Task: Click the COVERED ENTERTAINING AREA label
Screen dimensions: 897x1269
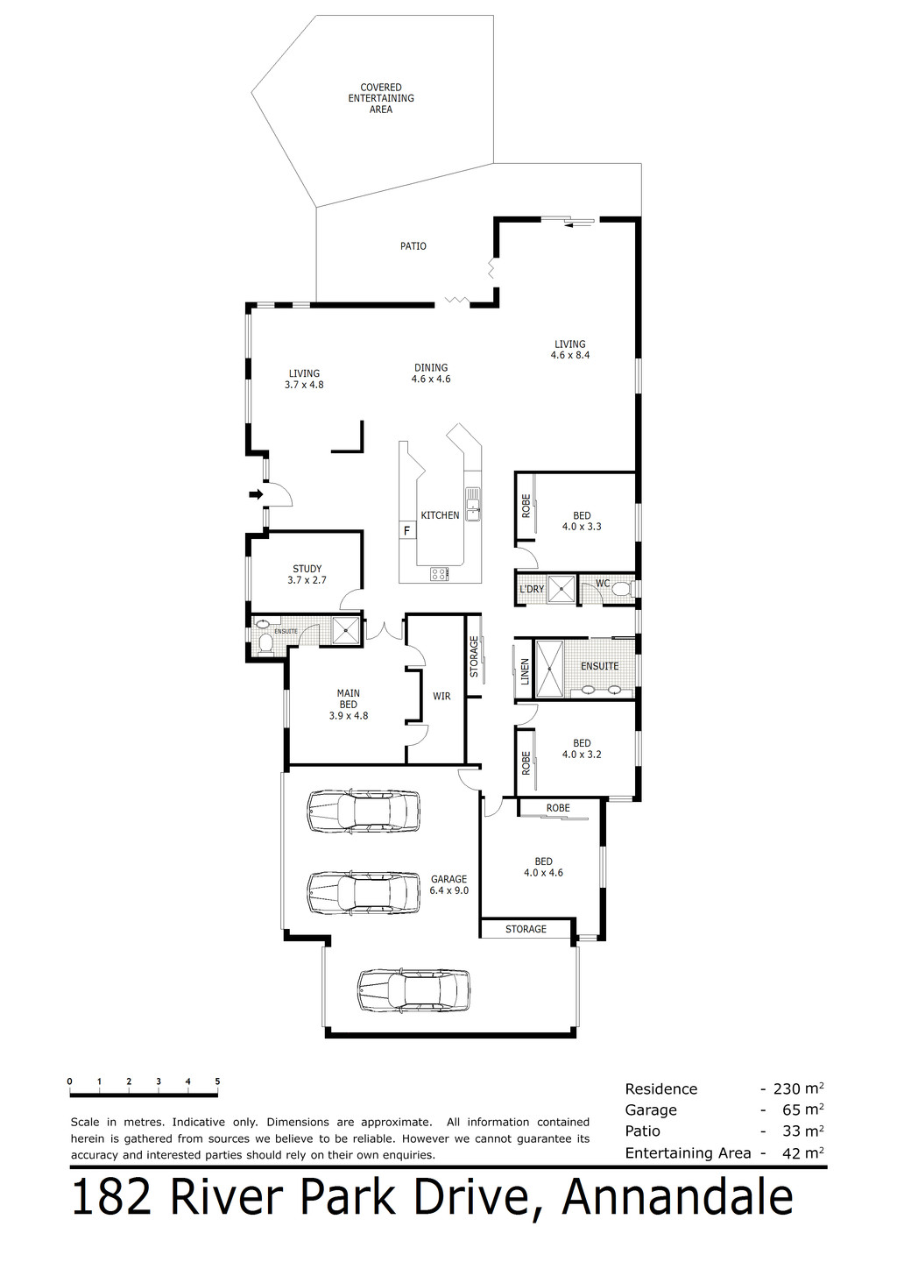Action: [380, 98]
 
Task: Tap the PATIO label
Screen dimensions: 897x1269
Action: [413, 246]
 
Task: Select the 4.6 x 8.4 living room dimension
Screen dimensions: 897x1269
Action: [569, 355]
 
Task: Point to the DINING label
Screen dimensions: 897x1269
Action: [431, 368]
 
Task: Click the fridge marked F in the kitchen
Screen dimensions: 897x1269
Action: [406, 531]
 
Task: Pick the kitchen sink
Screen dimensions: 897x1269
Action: [472, 504]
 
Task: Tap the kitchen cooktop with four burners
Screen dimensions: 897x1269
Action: [440, 574]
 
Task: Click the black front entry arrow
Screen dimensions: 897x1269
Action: [256, 494]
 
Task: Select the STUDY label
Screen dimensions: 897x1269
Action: [307, 568]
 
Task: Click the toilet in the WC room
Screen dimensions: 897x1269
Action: [622, 589]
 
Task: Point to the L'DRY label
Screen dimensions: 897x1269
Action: [532, 589]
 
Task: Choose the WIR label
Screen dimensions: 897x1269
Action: [441, 696]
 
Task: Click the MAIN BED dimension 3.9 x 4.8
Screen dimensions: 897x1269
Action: [349, 715]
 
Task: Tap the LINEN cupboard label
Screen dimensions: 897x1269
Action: [525, 671]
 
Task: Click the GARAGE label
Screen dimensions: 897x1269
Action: [448, 879]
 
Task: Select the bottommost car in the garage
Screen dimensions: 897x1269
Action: [413, 989]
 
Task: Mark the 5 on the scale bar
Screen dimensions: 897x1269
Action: [217, 1081]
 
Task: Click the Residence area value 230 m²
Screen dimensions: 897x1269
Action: [799, 1088]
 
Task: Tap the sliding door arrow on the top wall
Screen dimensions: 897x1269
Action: [579, 225]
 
